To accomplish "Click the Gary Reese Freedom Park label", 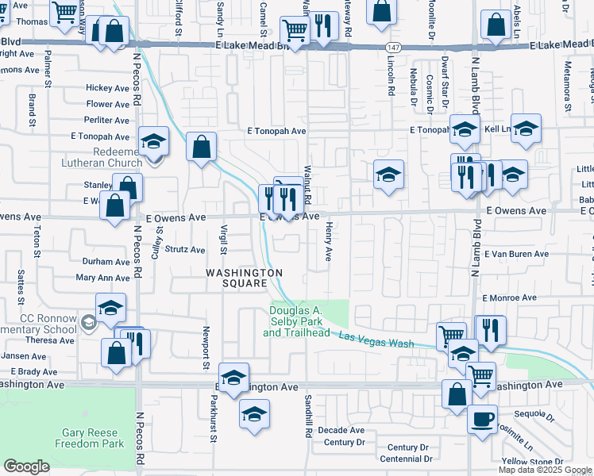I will coord(90,438).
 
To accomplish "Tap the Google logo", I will coord(26,466).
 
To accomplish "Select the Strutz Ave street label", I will coord(185,249).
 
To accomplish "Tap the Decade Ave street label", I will coord(341,429).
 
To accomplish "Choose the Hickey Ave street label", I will coord(107,88).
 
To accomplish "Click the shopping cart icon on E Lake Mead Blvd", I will coord(295,32).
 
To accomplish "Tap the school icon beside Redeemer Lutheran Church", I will coord(154,143).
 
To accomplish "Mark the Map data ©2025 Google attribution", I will coord(545,470).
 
